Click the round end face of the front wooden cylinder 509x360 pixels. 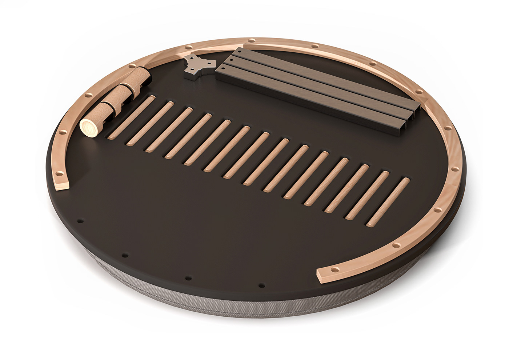tap(87, 128)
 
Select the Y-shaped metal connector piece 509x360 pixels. tap(198, 66)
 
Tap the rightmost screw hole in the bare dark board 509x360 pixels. tap(260, 285)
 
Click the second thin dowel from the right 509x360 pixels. tap(367, 195)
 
